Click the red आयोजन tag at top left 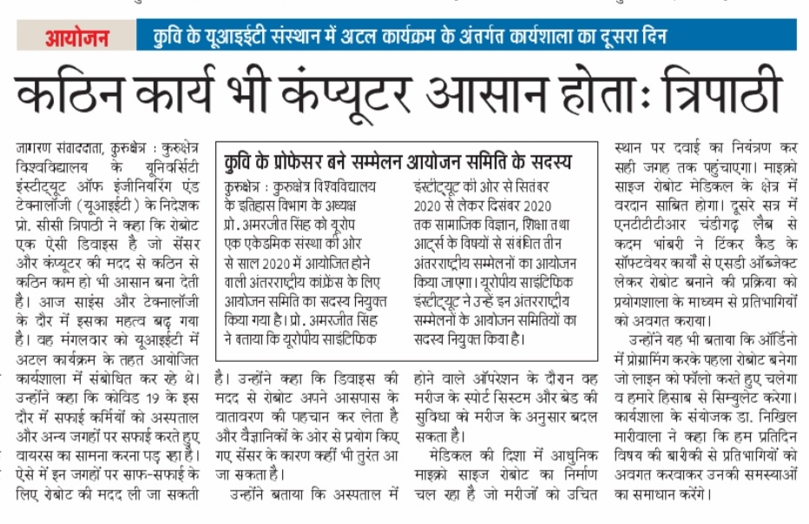(76, 38)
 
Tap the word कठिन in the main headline (79, 95)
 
